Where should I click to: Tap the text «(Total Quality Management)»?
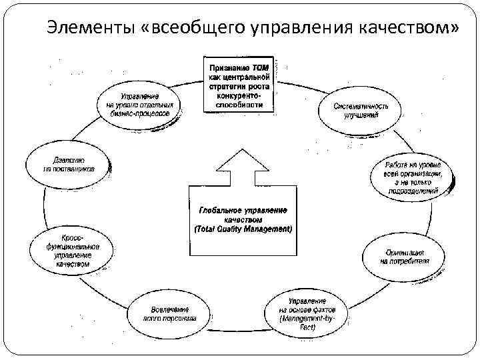243,229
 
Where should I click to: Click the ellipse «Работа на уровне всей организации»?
411,177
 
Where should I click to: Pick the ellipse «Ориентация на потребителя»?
405,257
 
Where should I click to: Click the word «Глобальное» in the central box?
219,210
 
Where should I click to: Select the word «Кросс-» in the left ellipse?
72,237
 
